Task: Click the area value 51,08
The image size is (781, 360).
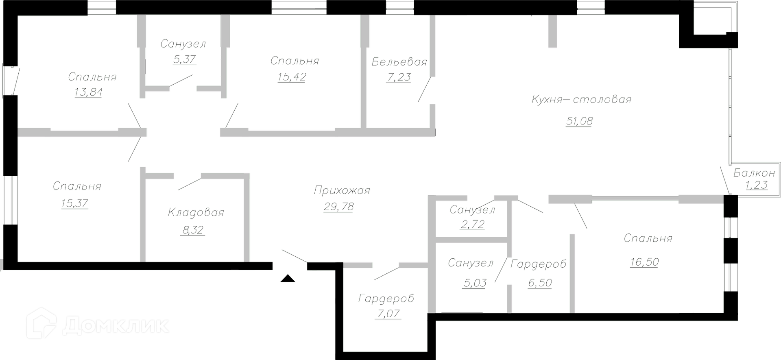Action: [579, 121]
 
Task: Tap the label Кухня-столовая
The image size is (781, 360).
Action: [581, 99]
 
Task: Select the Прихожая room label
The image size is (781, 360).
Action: [342, 190]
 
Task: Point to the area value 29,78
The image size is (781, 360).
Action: [338, 207]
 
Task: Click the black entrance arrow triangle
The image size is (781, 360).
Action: [288, 279]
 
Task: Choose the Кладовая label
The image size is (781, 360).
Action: [196, 212]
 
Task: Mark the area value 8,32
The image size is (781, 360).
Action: [192, 230]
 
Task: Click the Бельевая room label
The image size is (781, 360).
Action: [399, 62]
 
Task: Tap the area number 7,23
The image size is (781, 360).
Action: [399, 77]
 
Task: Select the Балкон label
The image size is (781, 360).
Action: [754, 173]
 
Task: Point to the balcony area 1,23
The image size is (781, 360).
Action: [756, 185]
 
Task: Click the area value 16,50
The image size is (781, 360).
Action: [644, 262]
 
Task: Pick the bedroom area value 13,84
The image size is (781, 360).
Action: [88, 92]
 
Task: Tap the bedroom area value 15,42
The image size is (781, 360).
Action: [292, 77]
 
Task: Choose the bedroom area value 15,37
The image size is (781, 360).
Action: [74, 203]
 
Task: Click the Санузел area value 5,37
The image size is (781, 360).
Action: [185, 59]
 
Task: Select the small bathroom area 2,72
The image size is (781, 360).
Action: [473, 225]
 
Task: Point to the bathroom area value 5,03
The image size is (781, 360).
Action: [474, 283]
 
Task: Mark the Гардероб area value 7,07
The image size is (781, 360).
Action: [388, 314]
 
